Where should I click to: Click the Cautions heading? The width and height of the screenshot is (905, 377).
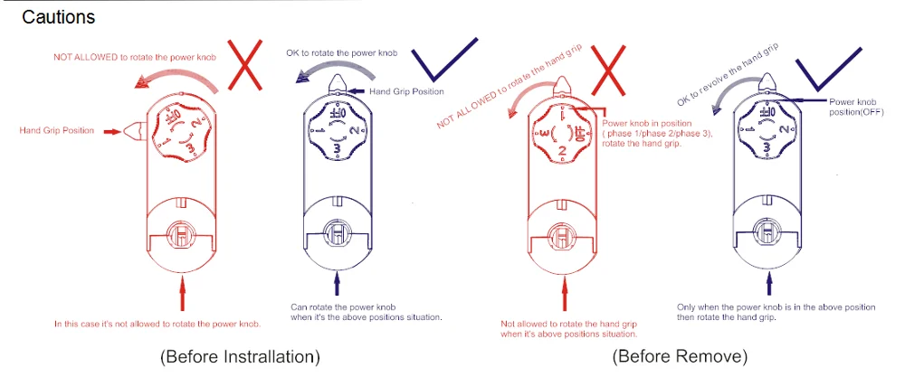coord(58,17)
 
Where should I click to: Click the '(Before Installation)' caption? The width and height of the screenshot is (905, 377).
coord(240,356)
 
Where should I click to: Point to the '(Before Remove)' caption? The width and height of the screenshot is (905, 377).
coord(680,356)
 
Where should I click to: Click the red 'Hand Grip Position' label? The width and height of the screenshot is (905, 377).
coord(56,131)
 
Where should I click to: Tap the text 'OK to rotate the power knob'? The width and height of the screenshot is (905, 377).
coord(340,53)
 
